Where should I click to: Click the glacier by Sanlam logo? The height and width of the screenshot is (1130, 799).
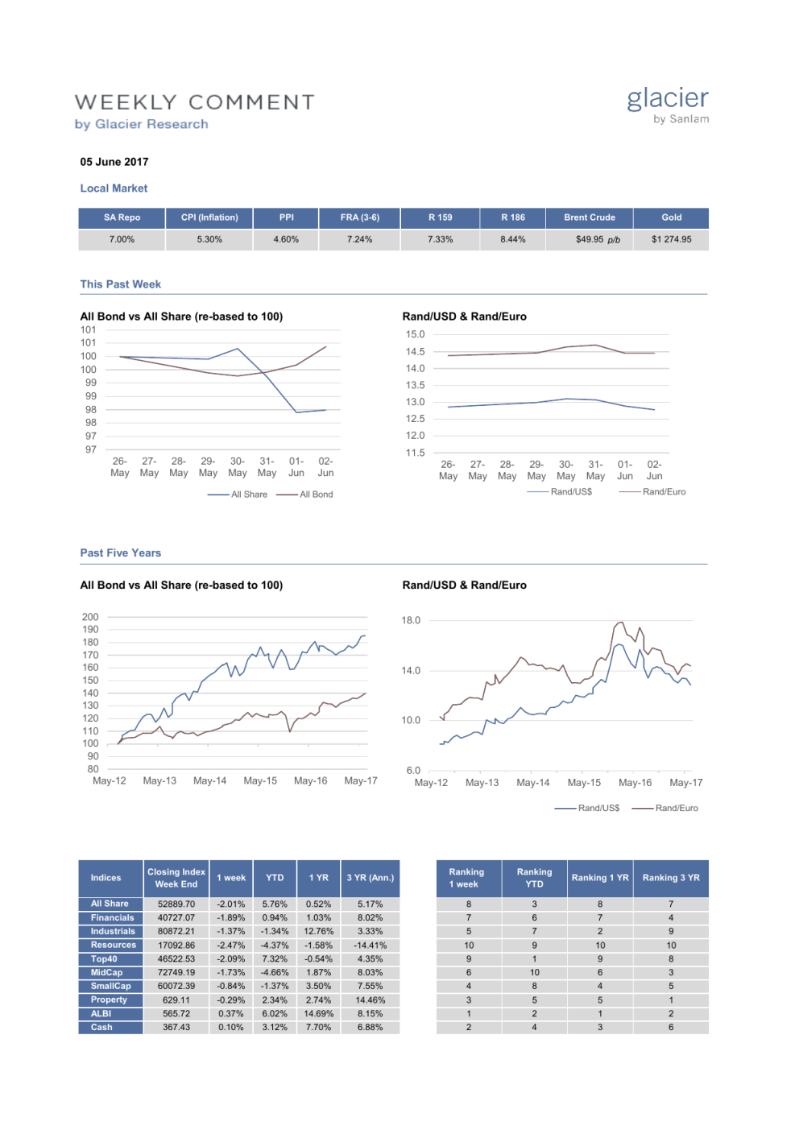(668, 106)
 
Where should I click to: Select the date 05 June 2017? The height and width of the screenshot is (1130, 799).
(114, 162)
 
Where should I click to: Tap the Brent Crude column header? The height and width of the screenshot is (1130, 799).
(589, 217)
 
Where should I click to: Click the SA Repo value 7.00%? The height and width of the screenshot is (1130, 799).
(122, 239)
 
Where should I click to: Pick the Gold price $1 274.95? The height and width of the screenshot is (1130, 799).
(671, 239)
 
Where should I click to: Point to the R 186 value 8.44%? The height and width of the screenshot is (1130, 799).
(512, 239)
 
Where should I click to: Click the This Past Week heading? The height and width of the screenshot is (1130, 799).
(120, 284)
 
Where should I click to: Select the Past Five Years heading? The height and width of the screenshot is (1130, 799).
(120, 553)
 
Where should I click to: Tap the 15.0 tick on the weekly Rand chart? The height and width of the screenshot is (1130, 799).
(415, 334)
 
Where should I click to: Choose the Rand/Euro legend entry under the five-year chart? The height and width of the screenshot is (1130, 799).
(676, 808)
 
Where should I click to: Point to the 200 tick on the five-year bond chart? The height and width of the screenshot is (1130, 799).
(90, 617)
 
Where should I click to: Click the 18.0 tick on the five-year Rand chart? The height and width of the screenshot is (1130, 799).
(411, 620)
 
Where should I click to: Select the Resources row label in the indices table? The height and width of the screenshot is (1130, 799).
(113, 945)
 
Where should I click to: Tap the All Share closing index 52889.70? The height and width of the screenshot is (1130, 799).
(176, 904)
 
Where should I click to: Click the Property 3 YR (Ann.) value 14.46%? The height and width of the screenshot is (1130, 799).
(370, 1000)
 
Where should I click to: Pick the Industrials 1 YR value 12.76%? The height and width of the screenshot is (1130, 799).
(318, 931)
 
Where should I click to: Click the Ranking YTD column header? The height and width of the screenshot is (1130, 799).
(534, 878)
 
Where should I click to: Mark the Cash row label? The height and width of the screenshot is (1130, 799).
(101, 1027)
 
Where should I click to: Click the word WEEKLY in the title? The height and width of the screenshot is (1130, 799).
(126, 102)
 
